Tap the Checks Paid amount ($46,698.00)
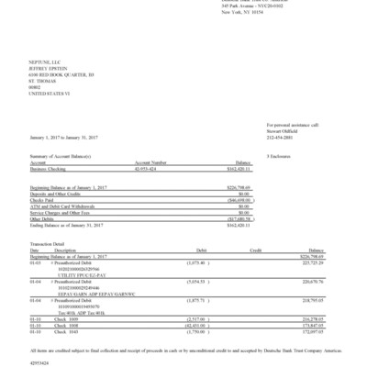click(x=237, y=199)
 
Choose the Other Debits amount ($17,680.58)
click(x=237, y=218)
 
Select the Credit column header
click(x=259, y=250)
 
